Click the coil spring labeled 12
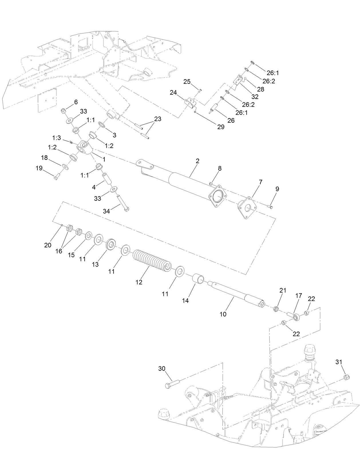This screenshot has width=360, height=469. [152, 259]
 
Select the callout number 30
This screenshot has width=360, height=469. [162, 369]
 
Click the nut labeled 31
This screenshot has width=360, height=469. [345, 377]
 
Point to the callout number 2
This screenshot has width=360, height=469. [197, 161]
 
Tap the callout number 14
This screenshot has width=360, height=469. [185, 301]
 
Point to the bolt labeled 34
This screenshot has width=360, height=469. [123, 203]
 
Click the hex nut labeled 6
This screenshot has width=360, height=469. [64, 111]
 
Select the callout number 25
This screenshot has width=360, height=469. [187, 82]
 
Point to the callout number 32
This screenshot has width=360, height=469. [254, 97]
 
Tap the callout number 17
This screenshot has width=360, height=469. [298, 296]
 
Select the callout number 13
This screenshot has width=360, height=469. [95, 265]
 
